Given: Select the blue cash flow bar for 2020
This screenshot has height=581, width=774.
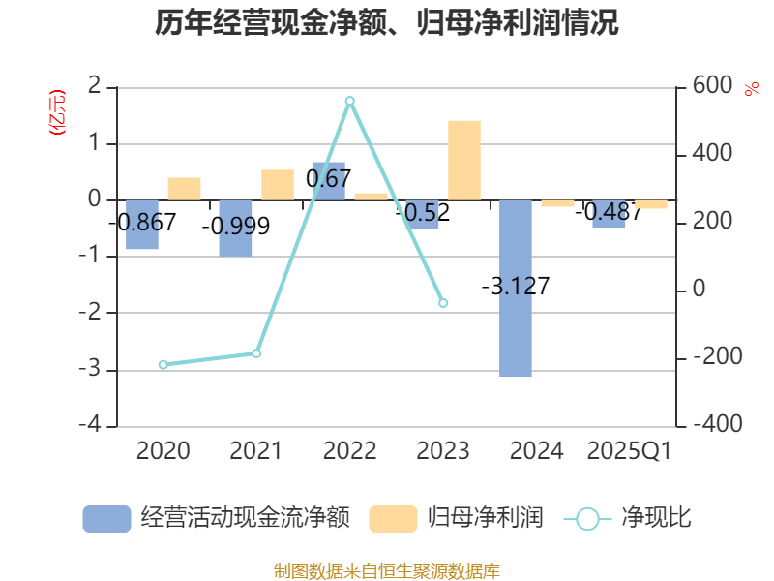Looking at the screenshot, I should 142,225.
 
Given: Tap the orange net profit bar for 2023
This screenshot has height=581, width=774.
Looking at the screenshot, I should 464,160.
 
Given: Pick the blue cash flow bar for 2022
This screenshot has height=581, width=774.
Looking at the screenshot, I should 329,181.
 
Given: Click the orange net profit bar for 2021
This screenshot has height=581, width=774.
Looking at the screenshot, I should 278,185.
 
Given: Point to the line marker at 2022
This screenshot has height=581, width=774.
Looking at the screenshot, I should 350,101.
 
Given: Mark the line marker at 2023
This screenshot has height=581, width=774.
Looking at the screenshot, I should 443,303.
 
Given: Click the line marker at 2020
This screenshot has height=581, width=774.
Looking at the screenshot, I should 163,365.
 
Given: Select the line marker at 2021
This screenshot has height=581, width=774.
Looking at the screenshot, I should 256,353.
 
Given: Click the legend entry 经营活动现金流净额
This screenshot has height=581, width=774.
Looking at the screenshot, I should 216,518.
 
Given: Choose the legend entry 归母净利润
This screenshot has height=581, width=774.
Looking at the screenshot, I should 456,518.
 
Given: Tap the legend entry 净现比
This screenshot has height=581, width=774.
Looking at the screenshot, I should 628,518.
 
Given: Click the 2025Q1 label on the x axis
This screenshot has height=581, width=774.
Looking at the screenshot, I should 630,450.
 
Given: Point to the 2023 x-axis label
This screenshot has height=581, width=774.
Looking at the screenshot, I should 442,450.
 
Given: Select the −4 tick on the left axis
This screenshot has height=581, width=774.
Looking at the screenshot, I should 94,426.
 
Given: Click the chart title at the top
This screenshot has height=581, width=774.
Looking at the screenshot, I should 387,22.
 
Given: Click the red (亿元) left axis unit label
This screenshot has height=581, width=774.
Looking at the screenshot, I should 58,111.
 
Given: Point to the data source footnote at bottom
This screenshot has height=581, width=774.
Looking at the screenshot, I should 387,570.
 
